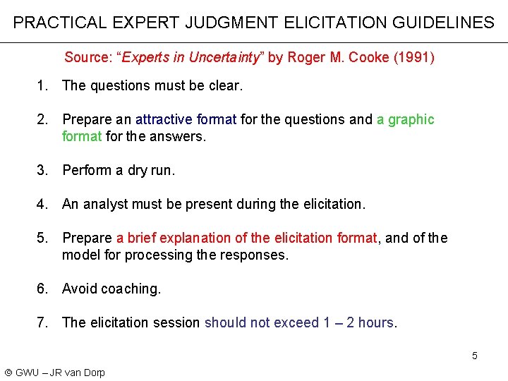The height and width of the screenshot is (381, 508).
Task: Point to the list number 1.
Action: pos(43,86)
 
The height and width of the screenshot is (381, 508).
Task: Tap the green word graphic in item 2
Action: pos(411,120)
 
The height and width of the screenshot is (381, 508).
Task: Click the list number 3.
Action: pos(43,170)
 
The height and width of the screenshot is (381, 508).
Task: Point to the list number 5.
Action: pos(43,238)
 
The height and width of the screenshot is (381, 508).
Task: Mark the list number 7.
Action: pos(43,323)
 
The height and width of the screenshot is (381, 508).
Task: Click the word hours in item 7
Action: pos(375,323)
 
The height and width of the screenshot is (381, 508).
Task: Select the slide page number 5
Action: pos(475,356)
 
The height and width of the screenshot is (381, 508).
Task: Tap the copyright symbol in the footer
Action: pos(8,373)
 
